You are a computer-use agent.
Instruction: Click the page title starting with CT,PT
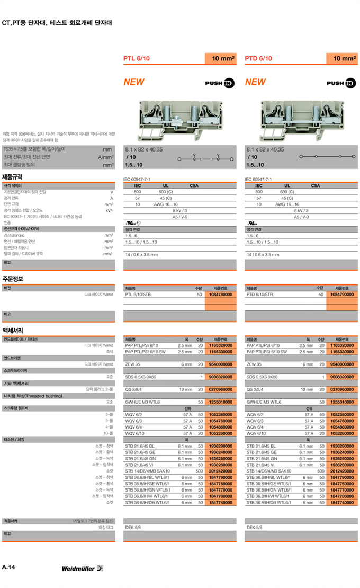coord(57,23)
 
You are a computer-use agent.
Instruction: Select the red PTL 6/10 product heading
coord(137,58)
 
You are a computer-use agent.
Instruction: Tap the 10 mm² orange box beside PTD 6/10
coord(344,58)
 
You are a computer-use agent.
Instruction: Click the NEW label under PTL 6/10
coord(134,82)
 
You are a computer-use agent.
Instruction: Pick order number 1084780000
coord(221,294)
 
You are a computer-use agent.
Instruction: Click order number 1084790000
coord(341,294)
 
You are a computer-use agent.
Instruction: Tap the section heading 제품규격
coord(13,177)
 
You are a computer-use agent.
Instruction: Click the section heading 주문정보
coord(13,279)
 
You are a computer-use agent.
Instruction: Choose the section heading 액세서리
coord(13,329)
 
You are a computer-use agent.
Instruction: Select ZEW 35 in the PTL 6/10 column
coord(132,364)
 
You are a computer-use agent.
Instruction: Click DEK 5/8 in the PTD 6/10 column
coord(255,528)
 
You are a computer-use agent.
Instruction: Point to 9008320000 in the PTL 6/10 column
coord(221,377)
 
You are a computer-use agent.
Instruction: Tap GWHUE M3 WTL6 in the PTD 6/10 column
coord(266,402)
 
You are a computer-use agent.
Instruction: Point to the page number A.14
coord(8,567)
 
